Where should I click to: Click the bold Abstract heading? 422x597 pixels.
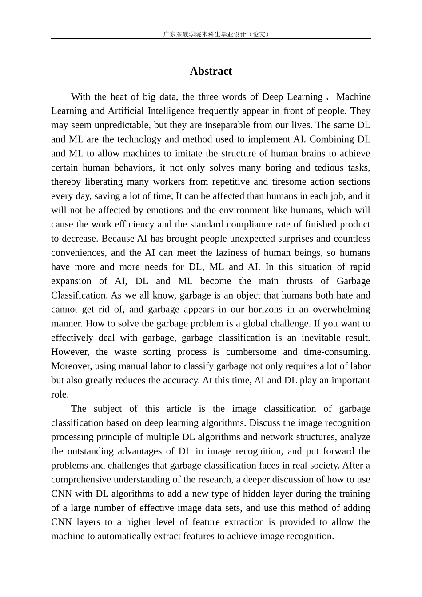(x=211, y=71)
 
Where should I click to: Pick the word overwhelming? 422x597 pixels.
(x=341, y=310)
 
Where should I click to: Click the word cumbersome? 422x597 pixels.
(x=251, y=352)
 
